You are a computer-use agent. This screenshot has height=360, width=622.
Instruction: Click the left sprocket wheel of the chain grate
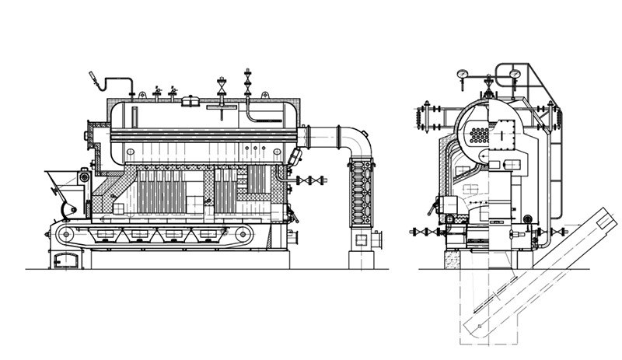click(x=66, y=233)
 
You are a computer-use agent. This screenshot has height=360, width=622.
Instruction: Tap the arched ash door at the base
click(x=65, y=259)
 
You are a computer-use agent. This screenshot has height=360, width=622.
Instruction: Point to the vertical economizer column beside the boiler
click(x=361, y=194)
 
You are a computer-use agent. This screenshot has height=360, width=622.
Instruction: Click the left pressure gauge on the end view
click(x=463, y=75)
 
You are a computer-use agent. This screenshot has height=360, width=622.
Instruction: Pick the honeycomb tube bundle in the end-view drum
click(x=480, y=134)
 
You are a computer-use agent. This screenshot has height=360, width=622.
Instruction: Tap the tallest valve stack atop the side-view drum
click(x=247, y=82)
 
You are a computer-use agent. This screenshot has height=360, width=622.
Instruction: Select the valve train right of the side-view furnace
click(x=310, y=180)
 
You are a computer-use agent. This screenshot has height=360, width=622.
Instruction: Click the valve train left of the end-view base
click(x=427, y=231)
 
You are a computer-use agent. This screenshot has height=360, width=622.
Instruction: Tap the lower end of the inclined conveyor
click(x=472, y=327)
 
